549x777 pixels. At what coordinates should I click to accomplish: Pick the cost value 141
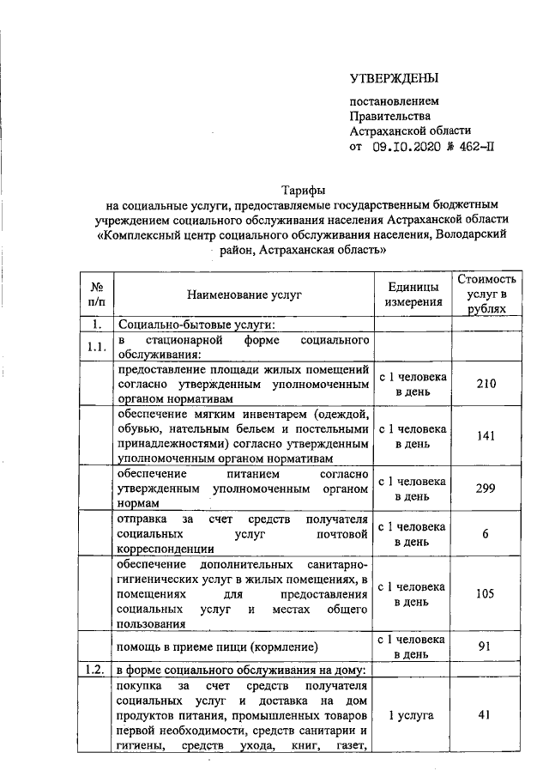486,435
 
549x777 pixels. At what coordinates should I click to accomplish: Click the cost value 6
486,534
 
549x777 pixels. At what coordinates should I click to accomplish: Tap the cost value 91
486,646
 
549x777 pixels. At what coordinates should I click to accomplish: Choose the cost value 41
486,714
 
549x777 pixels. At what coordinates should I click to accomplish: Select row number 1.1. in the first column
96,347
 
